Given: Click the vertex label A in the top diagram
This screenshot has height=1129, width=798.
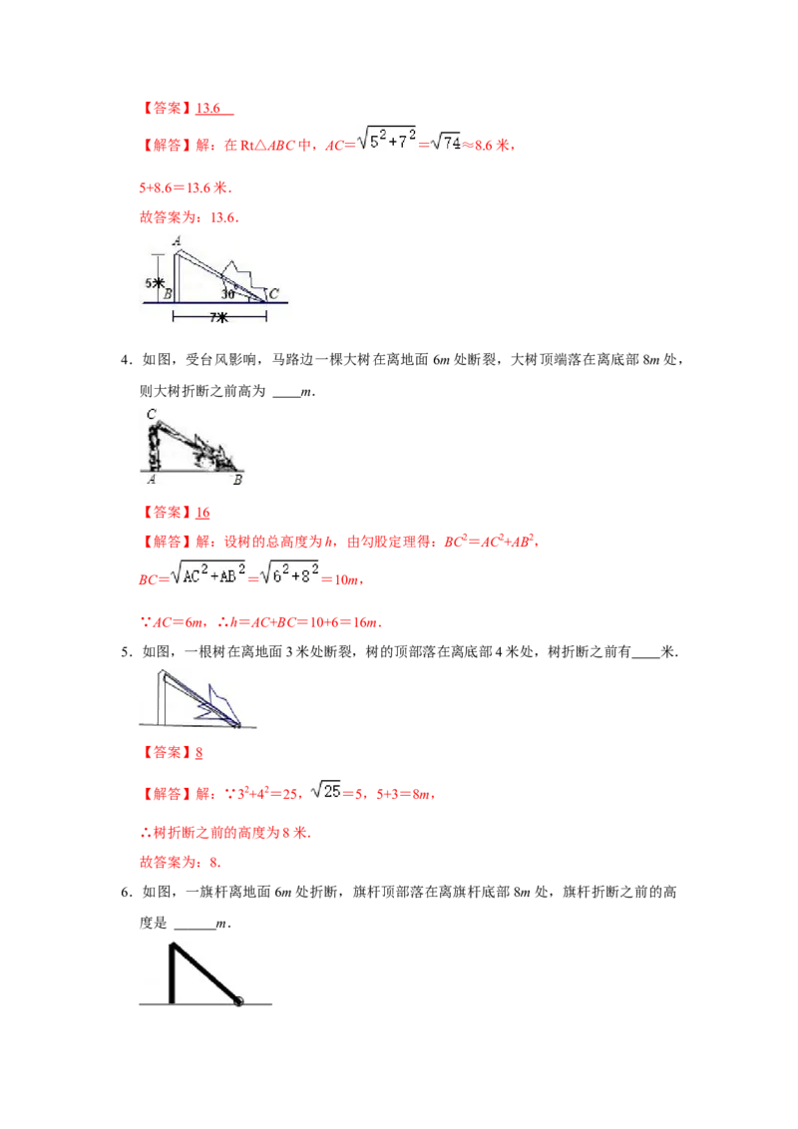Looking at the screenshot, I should (x=177, y=240).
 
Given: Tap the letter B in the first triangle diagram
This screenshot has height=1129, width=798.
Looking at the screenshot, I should (x=168, y=293).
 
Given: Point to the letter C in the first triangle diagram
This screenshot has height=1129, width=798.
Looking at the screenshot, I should (x=273, y=293).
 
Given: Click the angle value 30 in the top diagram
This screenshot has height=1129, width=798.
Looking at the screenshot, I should (x=228, y=294).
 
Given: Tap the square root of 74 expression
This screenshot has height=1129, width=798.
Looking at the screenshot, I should (x=445, y=144).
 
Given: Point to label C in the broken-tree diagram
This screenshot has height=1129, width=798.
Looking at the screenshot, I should (x=150, y=415).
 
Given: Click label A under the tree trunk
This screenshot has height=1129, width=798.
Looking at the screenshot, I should (x=150, y=480).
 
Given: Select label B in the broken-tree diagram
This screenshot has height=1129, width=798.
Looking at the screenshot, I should (x=237, y=480).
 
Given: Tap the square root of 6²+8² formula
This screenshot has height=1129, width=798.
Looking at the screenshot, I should (x=292, y=575).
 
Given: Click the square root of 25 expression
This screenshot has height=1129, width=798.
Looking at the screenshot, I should (x=323, y=790).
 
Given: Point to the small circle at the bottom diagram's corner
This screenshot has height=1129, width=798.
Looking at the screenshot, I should (x=238, y=1000).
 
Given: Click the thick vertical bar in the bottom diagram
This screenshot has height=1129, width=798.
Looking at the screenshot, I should (x=172, y=972).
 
